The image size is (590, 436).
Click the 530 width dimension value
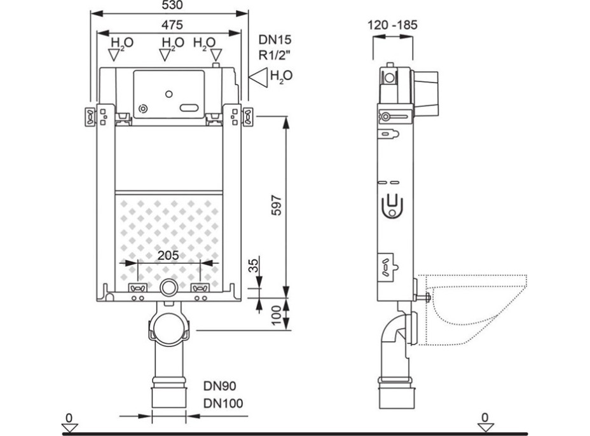coord(172,5)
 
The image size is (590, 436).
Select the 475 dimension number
coord(172,25)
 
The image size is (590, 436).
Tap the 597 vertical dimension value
coord(277,205)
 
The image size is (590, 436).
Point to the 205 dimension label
coord(168,255)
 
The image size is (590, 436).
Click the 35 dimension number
coord(254,266)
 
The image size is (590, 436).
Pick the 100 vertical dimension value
coord(277,316)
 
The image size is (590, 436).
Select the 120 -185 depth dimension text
coord(392,25)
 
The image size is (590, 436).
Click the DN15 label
coord(275,39)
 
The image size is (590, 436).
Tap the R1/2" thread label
coord(274,55)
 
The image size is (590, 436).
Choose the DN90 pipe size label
coord(220,386)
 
